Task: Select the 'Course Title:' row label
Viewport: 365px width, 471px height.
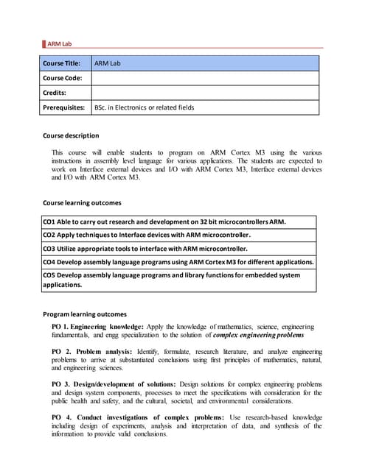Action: pos(61,63)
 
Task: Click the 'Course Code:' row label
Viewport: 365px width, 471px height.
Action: pos(62,78)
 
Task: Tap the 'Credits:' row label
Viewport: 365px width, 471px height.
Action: pos(55,93)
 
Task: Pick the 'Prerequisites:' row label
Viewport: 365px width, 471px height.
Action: pos(63,107)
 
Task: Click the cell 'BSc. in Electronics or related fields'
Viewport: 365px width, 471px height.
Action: pos(144,107)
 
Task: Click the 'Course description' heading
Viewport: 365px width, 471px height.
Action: pos(71,135)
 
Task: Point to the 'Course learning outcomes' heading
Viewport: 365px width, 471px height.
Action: pos(82,202)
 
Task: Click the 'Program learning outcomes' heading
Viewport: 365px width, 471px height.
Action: pos(85,314)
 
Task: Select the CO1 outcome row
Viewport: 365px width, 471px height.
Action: pos(164,222)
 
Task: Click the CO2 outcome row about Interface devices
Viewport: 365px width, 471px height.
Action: pos(146,235)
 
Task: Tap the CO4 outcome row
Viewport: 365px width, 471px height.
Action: pos(178,262)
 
